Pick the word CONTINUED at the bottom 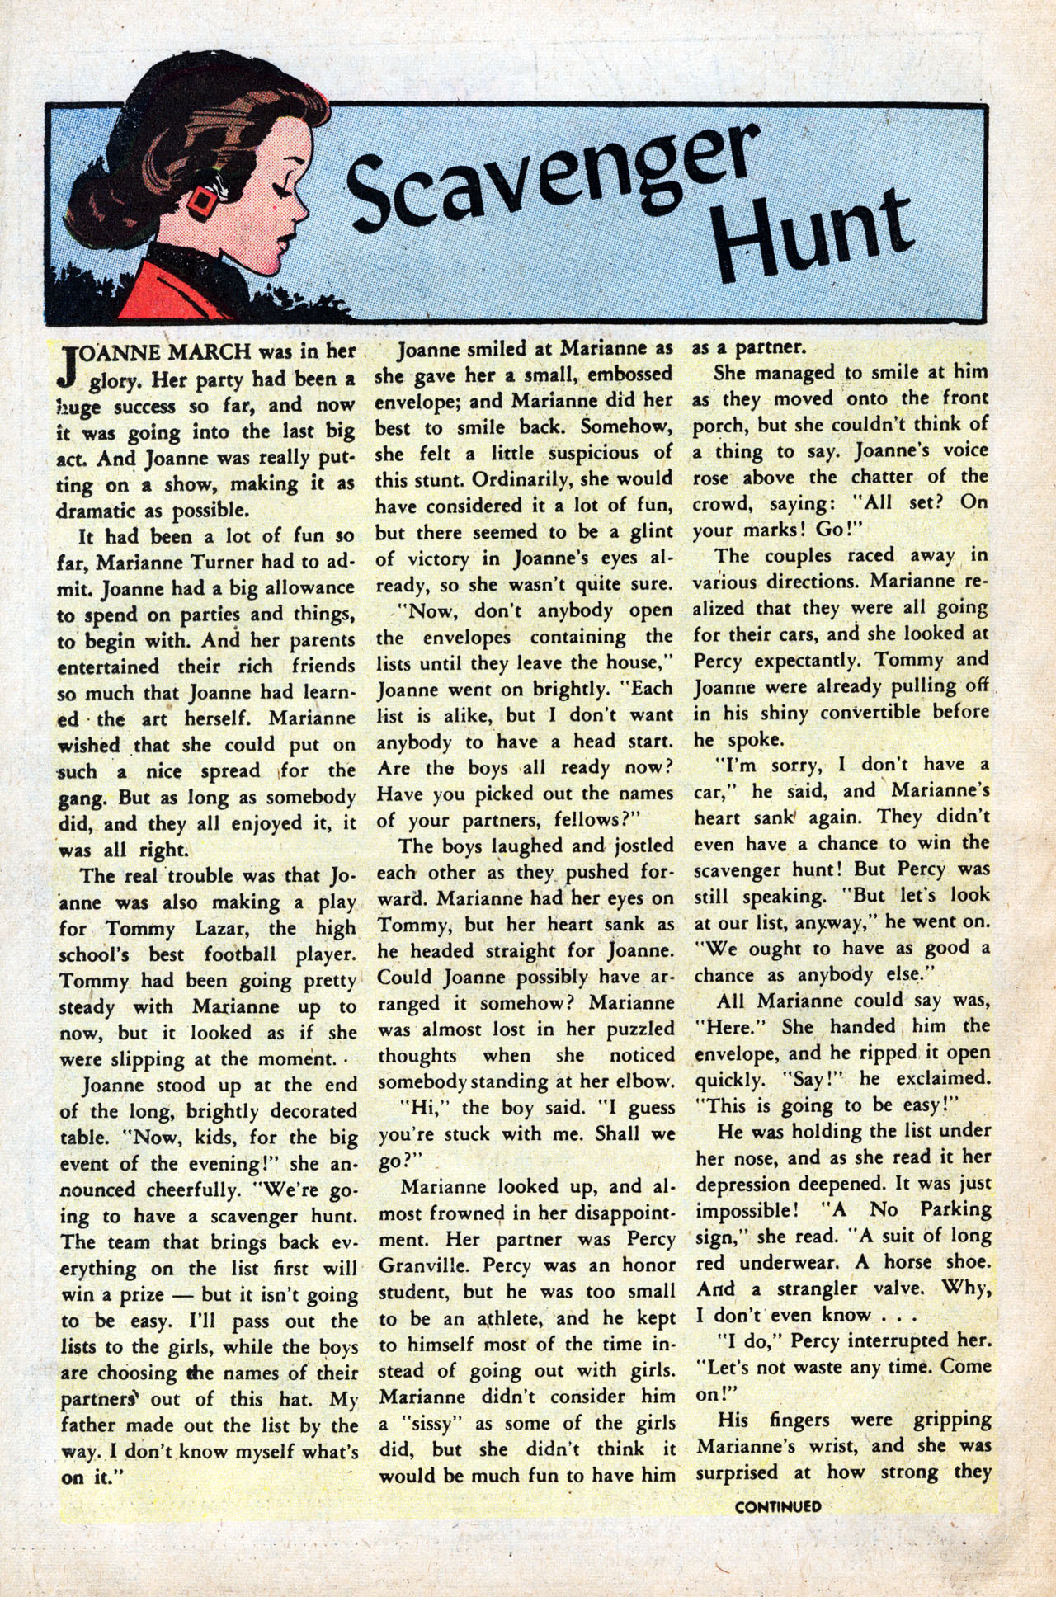point(777,1506)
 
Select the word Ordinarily point(499,478)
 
